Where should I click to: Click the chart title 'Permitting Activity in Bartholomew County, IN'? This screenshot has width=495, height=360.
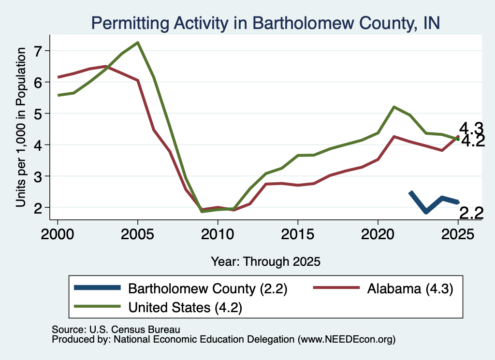[265, 23]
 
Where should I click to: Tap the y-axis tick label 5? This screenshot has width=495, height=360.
[38, 114]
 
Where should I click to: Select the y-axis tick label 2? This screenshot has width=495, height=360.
[38, 208]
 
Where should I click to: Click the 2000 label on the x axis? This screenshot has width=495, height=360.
[58, 234]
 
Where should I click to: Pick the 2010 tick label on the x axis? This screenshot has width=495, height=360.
[218, 234]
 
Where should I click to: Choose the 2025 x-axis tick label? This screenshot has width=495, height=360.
[458, 234]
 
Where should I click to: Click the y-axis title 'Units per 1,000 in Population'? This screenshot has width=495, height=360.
[21, 127]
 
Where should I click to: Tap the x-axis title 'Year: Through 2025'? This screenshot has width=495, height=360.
[265, 261]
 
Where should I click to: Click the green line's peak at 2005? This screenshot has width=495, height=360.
[138, 43]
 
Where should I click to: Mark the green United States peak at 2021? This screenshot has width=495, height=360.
[394, 107]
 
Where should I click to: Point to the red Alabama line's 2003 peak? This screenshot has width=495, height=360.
[106, 66]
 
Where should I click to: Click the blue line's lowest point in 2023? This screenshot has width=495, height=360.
[426, 212]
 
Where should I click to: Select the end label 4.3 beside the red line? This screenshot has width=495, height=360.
[471, 129]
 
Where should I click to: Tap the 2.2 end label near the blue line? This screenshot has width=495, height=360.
[471, 213]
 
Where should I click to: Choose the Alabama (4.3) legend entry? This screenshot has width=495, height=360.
[383, 288]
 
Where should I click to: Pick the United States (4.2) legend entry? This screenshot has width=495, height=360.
[158, 307]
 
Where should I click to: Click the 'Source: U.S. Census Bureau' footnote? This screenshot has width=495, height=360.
[116, 330]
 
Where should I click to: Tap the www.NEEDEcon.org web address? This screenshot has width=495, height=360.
[346, 340]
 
